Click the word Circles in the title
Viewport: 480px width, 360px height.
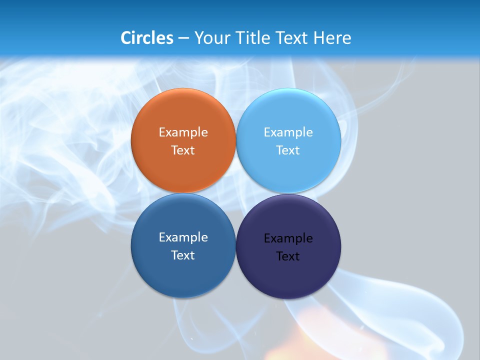(x=147, y=37)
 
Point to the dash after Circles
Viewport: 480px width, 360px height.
(x=183, y=38)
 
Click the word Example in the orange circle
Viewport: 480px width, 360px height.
(x=183, y=132)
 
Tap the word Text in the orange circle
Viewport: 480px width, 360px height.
(x=183, y=150)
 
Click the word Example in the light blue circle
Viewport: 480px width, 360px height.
(x=288, y=132)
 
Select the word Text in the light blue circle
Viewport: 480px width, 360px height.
(x=288, y=150)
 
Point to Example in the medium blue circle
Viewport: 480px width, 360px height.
(x=183, y=237)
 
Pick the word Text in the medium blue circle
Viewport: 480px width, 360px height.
(x=183, y=255)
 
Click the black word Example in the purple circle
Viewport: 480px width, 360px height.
(x=288, y=238)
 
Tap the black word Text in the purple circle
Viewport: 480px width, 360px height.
(x=288, y=256)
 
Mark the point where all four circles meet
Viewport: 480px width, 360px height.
(x=236, y=193)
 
